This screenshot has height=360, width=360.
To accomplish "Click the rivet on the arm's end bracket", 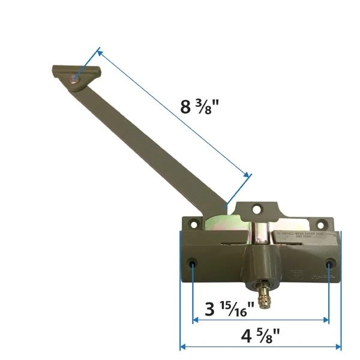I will [x=76, y=79].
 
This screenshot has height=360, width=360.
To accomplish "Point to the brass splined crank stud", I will [x=263, y=298].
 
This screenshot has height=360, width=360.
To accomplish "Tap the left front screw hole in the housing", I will [x=193, y=263].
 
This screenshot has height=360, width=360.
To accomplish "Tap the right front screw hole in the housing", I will [x=329, y=264].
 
